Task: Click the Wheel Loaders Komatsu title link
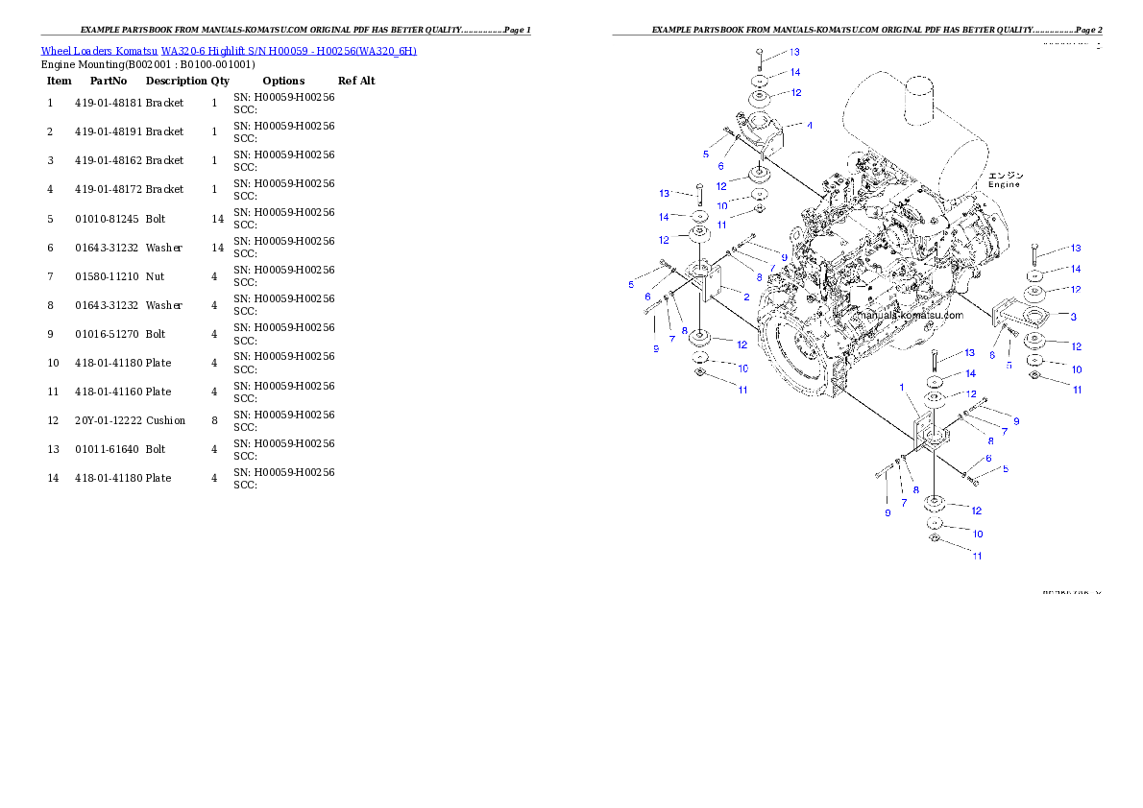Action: (x=229, y=51)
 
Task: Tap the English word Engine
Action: (x=1004, y=184)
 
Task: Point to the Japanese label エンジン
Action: (x=1006, y=175)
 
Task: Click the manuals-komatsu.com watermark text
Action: (x=909, y=315)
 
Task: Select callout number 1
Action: (x=902, y=388)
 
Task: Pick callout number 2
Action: (x=746, y=297)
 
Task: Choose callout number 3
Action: (x=1072, y=317)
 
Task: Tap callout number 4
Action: (x=809, y=126)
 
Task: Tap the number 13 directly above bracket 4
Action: (x=794, y=52)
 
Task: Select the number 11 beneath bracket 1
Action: (x=977, y=556)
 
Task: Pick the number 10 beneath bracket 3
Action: (x=1077, y=369)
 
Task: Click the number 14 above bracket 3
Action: (x=1076, y=270)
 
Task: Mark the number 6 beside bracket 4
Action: (x=720, y=166)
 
